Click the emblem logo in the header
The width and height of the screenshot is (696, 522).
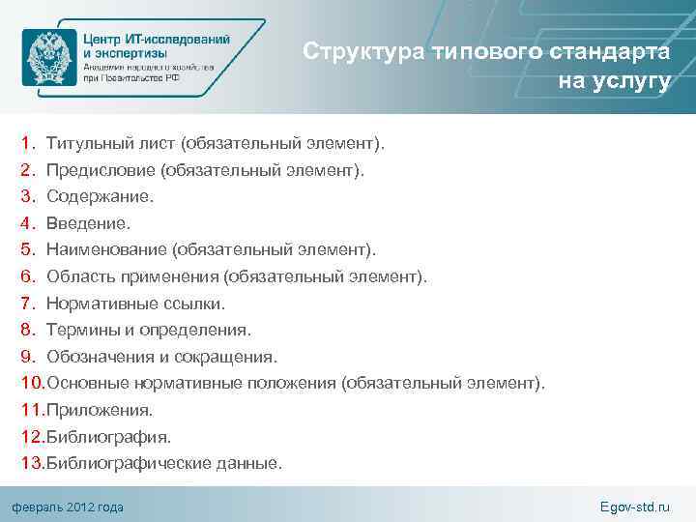[50, 57]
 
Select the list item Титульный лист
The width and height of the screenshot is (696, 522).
[111, 144]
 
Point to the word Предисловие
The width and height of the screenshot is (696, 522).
[101, 171]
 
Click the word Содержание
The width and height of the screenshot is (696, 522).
[100, 197]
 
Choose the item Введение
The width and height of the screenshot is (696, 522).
[88, 224]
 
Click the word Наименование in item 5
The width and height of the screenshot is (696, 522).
[107, 250]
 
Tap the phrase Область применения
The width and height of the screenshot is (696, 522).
[132, 277]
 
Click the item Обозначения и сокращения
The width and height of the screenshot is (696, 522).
[161, 358]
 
